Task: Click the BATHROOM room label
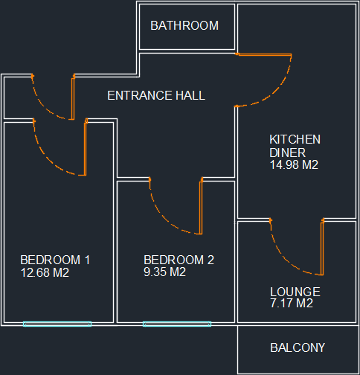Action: [x=184, y=25]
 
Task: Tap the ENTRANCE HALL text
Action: [x=156, y=95]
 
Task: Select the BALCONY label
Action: [x=298, y=347]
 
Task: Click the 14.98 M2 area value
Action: [x=294, y=165]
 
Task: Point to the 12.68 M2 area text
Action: [x=45, y=272]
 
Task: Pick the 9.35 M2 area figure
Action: [x=164, y=272]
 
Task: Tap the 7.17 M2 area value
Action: [x=292, y=303]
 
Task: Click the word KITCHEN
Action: [x=295, y=139]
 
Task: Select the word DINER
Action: [x=287, y=153]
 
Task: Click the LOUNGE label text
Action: [x=295, y=292]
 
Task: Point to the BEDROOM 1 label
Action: [x=55, y=260]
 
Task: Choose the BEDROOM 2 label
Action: [x=179, y=260]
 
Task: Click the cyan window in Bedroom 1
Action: [x=57, y=324]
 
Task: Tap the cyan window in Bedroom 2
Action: [x=177, y=324]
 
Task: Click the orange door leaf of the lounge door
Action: [x=322, y=248]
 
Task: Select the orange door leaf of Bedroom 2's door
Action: [x=201, y=206]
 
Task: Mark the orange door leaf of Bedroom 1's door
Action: [x=86, y=147]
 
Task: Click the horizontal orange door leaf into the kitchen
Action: [x=263, y=54]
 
